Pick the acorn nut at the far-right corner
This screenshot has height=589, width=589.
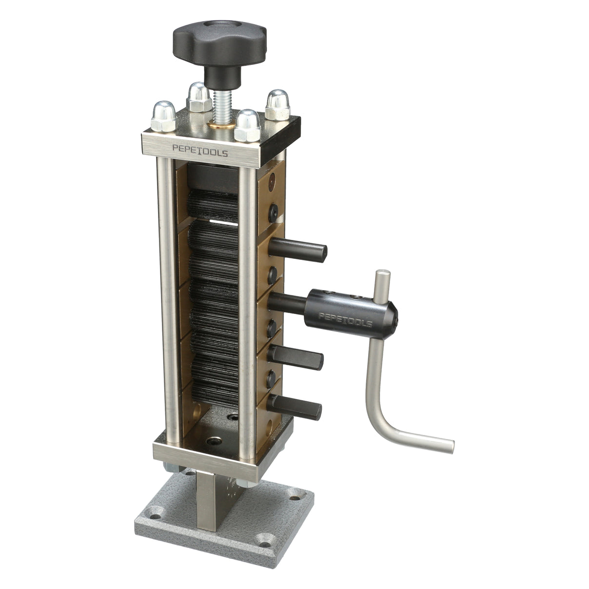click(276, 103)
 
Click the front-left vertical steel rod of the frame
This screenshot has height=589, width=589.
click(166, 293)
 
